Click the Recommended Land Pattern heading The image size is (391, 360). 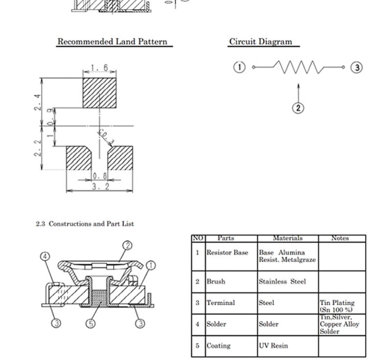click(x=113, y=42)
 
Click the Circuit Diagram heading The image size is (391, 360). click(x=260, y=42)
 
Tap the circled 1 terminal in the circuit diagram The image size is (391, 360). click(x=239, y=67)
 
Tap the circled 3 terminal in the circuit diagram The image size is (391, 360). click(x=357, y=67)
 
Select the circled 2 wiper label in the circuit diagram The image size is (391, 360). click(x=298, y=108)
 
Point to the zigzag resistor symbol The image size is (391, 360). click(x=299, y=67)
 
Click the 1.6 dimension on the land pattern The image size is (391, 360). click(x=99, y=67)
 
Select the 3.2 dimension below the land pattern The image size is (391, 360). click(x=100, y=186)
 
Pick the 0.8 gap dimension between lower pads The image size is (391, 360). click(x=100, y=176)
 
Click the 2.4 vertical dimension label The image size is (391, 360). click(x=38, y=102)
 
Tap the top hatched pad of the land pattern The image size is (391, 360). click(x=99, y=93)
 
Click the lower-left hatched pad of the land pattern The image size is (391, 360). click(x=79, y=158)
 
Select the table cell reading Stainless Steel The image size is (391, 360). click(x=282, y=281)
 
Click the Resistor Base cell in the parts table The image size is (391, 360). click(x=227, y=252)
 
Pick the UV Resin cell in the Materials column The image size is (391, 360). click(x=273, y=345)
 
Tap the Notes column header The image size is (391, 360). click(x=340, y=238)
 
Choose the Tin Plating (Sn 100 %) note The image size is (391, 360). click(x=337, y=306)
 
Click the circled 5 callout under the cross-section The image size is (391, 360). click(x=90, y=324)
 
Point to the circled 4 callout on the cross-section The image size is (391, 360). click(x=45, y=256)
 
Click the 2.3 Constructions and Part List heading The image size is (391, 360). click(x=85, y=224)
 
